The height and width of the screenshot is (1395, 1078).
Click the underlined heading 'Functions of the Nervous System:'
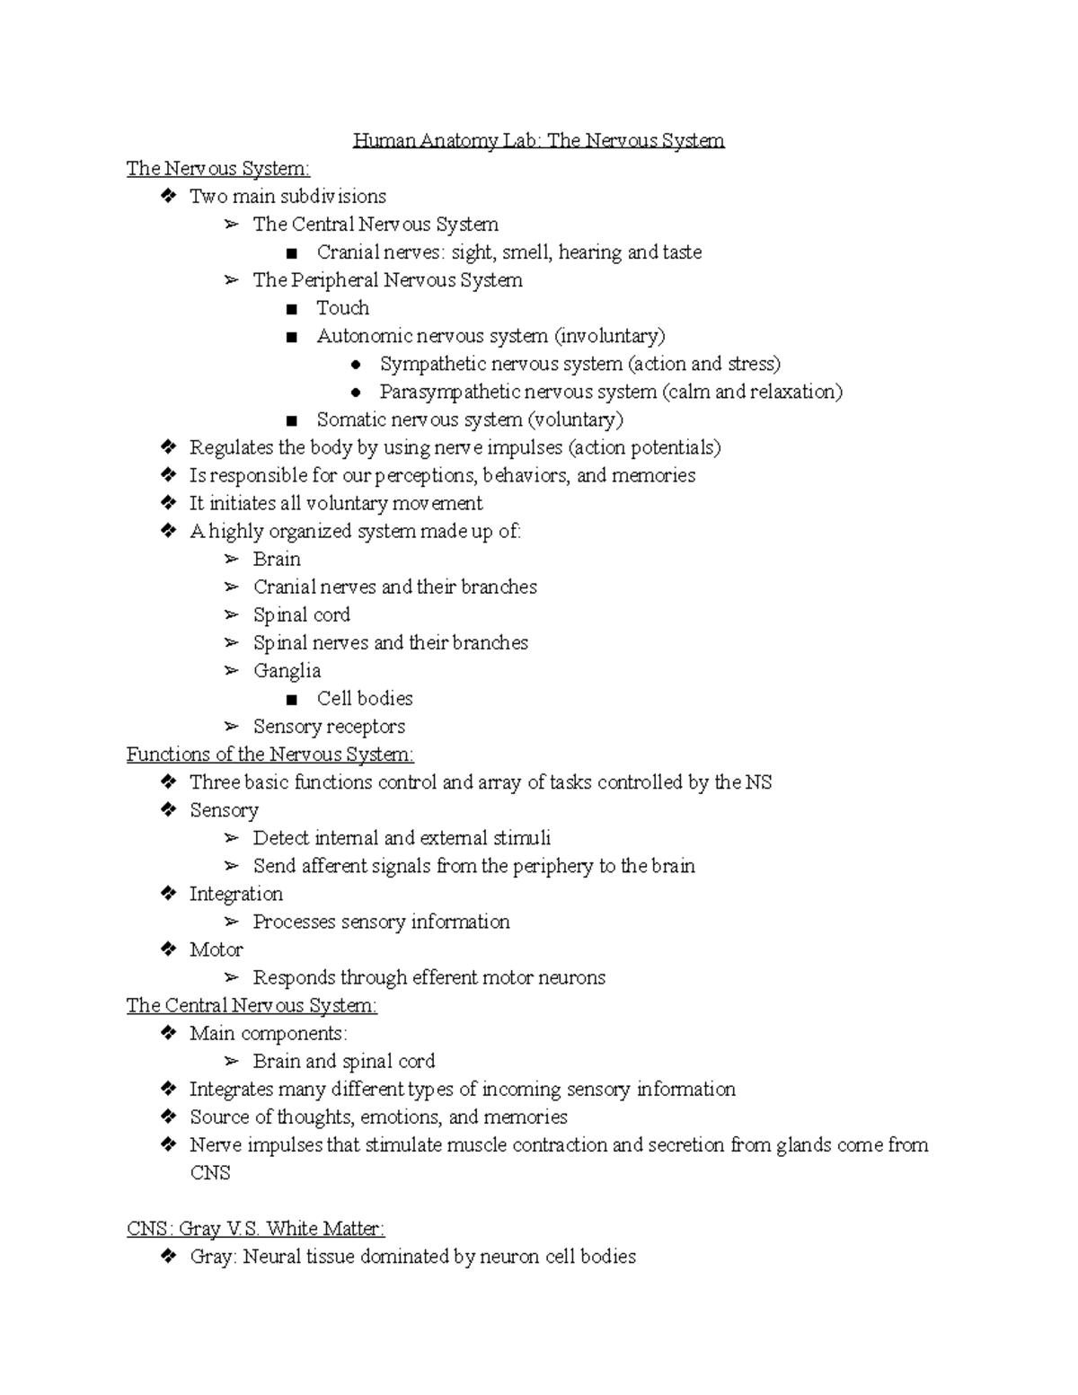click(x=269, y=755)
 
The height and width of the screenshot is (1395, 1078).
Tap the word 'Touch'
click(x=342, y=308)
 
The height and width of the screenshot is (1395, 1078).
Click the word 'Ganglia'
click(x=287, y=671)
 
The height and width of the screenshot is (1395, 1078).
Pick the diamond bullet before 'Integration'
click(x=168, y=894)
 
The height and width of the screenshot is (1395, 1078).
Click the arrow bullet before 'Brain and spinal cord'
click(x=232, y=1062)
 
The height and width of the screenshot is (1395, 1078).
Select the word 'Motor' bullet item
click(x=216, y=949)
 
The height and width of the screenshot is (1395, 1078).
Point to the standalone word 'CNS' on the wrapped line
click(x=209, y=1173)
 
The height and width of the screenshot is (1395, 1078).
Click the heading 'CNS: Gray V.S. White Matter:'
click(x=255, y=1229)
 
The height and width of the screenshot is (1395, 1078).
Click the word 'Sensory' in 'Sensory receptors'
click(x=283, y=727)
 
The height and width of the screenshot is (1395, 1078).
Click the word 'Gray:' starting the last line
click(x=213, y=1257)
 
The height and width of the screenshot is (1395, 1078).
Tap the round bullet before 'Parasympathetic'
click(x=356, y=393)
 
